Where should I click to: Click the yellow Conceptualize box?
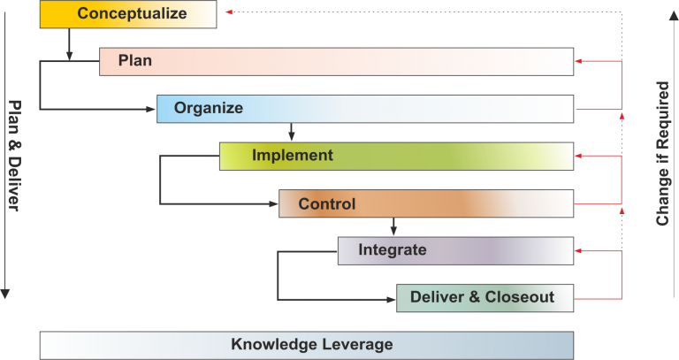click(x=128, y=14)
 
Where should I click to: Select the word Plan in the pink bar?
click(x=135, y=61)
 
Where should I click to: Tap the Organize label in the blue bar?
click(x=209, y=109)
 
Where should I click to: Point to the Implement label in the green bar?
click(x=293, y=156)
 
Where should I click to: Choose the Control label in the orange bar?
click(x=327, y=204)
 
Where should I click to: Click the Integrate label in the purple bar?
click(x=393, y=250)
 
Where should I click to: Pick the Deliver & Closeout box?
click(x=483, y=297)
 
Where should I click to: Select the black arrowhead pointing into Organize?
click(x=151, y=110)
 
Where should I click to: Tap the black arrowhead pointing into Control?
click(x=273, y=204)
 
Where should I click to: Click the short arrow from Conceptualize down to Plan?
click(x=69, y=45)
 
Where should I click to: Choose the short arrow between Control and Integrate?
click(x=393, y=226)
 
